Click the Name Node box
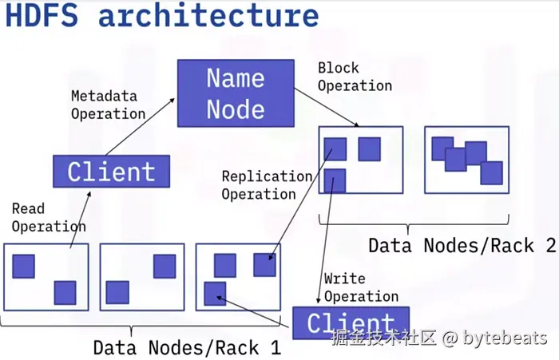(x=236, y=93)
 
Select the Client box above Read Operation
(x=111, y=172)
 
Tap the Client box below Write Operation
(x=351, y=323)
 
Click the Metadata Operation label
(x=108, y=105)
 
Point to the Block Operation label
(x=355, y=77)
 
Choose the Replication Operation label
(x=267, y=185)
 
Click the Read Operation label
(x=49, y=217)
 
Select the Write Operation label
(x=361, y=287)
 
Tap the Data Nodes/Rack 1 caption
(x=187, y=347)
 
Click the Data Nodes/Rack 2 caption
(x=462, y=245)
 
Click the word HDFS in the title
(x=42, y=15)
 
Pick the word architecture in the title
(x=208, y=15)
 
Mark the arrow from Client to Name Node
(x=140, y=127)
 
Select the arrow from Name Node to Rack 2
(x=327, y=107)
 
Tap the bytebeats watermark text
(x=505, y=337)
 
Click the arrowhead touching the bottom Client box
(x=319, y=300)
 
